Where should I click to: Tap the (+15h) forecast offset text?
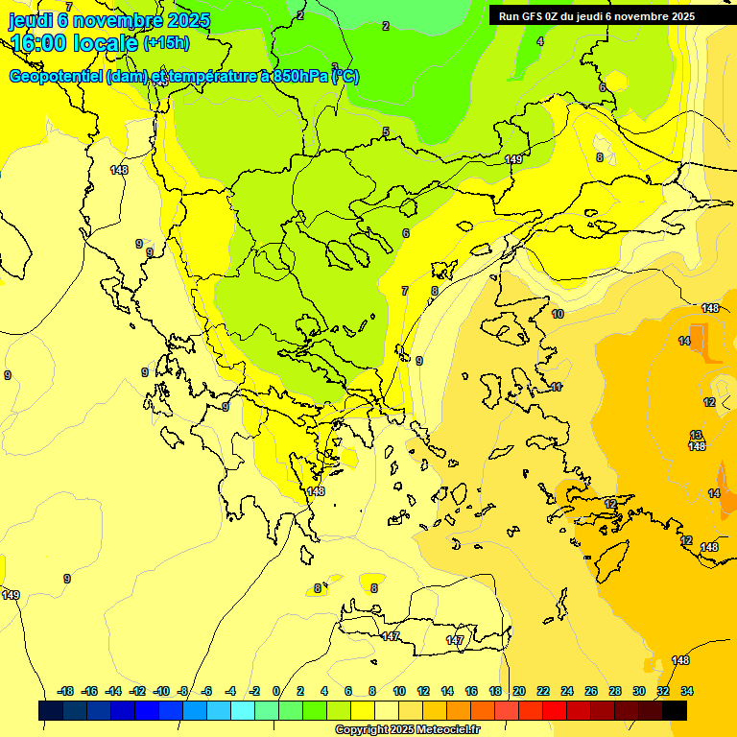coord(166,42)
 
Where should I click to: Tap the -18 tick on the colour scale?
coord(66,691)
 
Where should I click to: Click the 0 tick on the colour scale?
coord(276,691)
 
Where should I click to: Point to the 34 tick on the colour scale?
coord(687,691)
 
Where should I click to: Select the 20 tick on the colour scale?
coord(519,691)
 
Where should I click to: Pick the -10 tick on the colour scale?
coord(161,691)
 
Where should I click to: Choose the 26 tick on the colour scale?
coord(591,691)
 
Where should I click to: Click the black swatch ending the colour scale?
coord(675,710)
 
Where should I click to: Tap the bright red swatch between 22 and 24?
coord(555,710)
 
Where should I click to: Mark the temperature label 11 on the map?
coord(557,387)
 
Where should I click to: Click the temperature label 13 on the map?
coord(696,435)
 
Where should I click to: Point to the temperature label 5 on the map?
coord(386,132)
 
